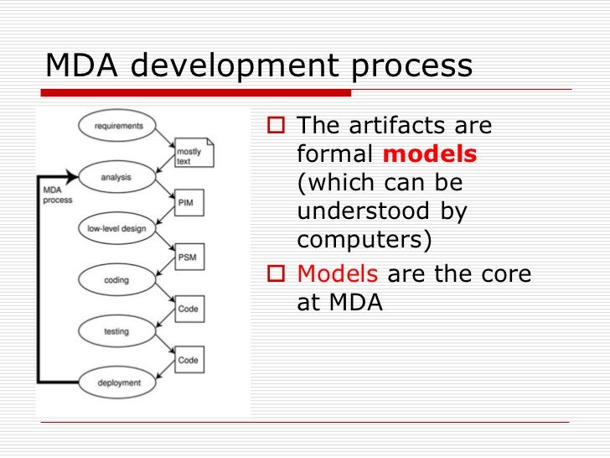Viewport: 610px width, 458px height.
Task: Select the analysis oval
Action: click(116, 177)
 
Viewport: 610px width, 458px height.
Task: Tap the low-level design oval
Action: click(116, 228)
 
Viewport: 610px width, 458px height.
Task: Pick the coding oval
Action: click(116, 280)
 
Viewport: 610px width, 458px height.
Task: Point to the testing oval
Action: click(116, 331)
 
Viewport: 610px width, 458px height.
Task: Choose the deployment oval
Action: click(118, 383)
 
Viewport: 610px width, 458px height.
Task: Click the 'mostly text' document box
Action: click(194, 152)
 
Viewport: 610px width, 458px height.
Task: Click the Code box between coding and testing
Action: click(189, 309)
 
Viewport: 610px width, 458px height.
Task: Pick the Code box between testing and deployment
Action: click(189, 360)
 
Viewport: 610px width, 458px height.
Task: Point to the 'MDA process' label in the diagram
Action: click(57, 195)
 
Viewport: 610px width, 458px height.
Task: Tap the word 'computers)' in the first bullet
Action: click(365, 239)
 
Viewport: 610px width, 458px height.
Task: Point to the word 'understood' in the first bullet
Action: click(365, 211)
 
